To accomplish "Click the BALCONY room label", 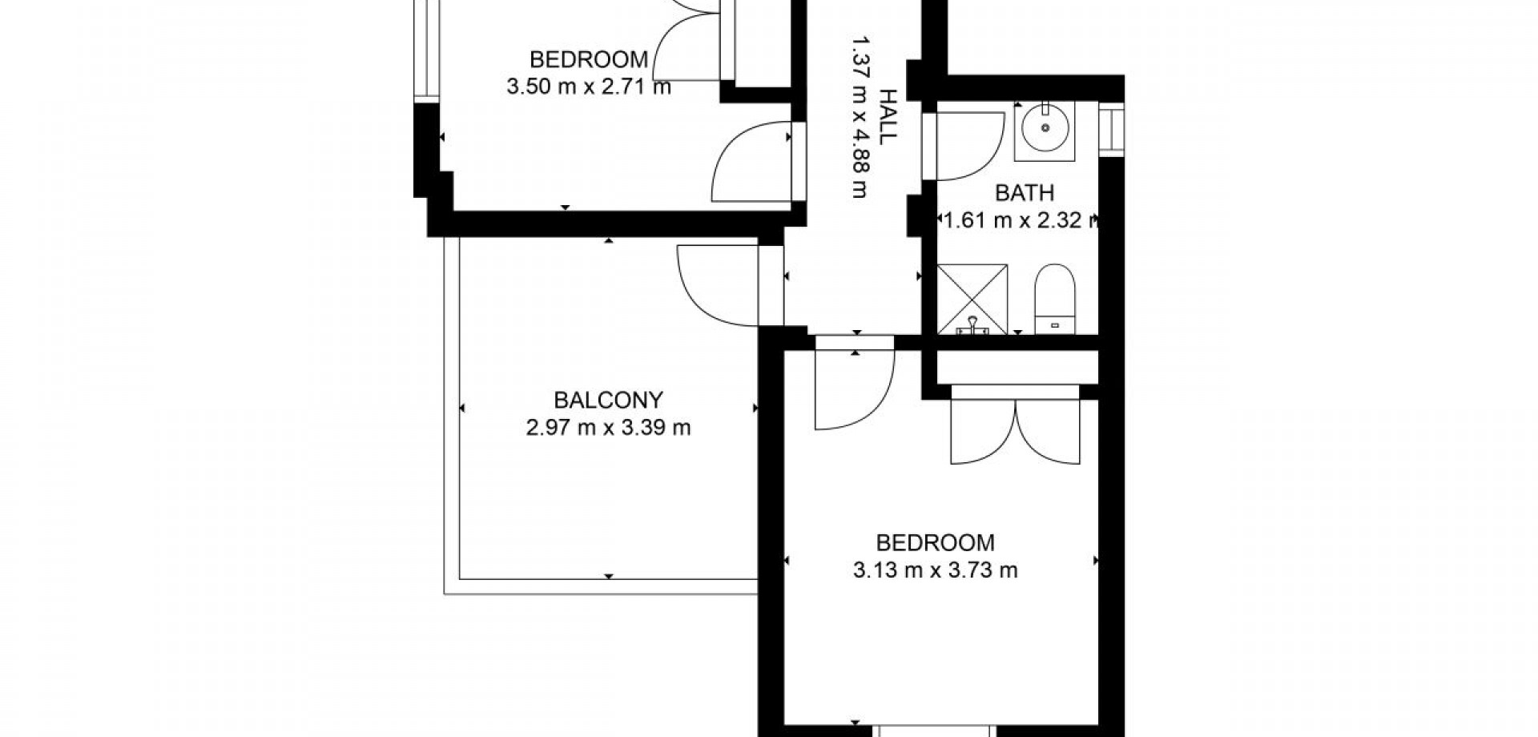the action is click(609, 400).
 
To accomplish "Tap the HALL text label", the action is click(888, 116).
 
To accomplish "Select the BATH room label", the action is click(1025, 193).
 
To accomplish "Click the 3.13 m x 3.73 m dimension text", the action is click(936, 570).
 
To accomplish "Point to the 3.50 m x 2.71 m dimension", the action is click(589, 87).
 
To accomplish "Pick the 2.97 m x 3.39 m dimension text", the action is click(609, 428).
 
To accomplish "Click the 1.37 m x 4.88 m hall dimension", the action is click(860, 116).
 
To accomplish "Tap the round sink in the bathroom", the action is click(1045, 127).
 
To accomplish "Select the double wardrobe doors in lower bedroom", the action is click(1016, 431).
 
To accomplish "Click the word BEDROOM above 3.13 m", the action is click(936, 543).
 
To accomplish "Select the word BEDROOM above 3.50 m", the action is click(589, 59).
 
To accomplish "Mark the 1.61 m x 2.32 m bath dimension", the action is click(1020, 220).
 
